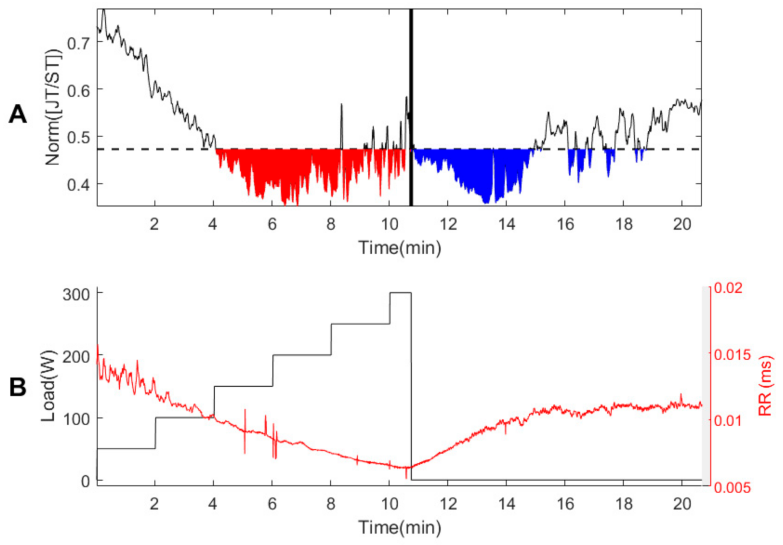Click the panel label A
(18, 114)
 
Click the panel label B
(18, 387)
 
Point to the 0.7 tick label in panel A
(79, 43)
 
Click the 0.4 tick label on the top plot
(79, 185)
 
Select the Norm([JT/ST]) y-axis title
(53, 107)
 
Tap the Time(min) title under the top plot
(399, 248)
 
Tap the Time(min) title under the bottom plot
(399, 527)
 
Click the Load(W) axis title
(48, 385)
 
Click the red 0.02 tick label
(728, 288)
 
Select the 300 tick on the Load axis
(76, 295)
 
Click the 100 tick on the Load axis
(76, 419)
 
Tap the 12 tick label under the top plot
(448, 224)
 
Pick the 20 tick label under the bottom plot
(682, 503)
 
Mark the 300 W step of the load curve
(400, 293)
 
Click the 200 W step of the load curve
(302, 355)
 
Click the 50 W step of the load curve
(126, 448)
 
